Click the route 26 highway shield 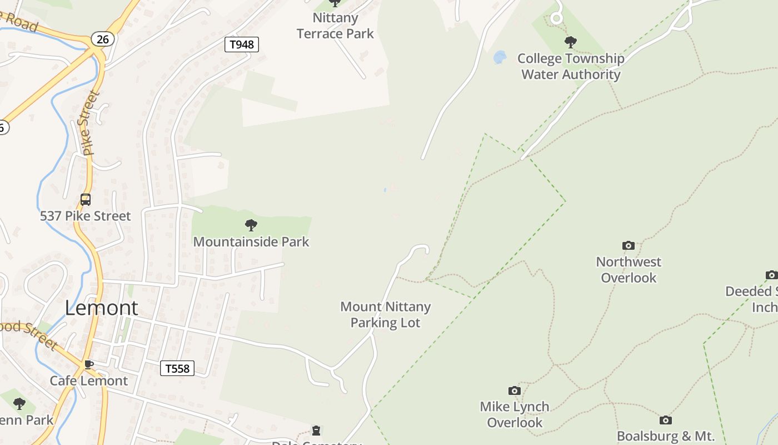(x=103, y=39)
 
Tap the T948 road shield (x=242, y=44)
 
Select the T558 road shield (x=177, y=368)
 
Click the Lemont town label (x=102, y=308)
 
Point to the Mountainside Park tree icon (x=251, y=225)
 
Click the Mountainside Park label (x=251, y=241)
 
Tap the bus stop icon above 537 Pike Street (x=86, y=200)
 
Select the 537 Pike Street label (x=86, y=216)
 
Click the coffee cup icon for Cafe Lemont (x=88, y=365)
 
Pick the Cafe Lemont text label (x=89, y=380)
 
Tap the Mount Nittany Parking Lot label (x=386, y=314)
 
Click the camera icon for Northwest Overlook (x=629, y=245)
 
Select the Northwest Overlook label (x=629, y=270)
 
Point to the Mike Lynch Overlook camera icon (x=515, y=390)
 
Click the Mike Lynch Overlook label (x=515, y=414)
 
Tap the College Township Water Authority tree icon (x=570, y=42)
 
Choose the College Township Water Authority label (x=571, y=66)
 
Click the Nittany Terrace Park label (x=335, y=26)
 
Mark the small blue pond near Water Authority (x=500, y=57)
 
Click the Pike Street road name (x=88, y=122)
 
